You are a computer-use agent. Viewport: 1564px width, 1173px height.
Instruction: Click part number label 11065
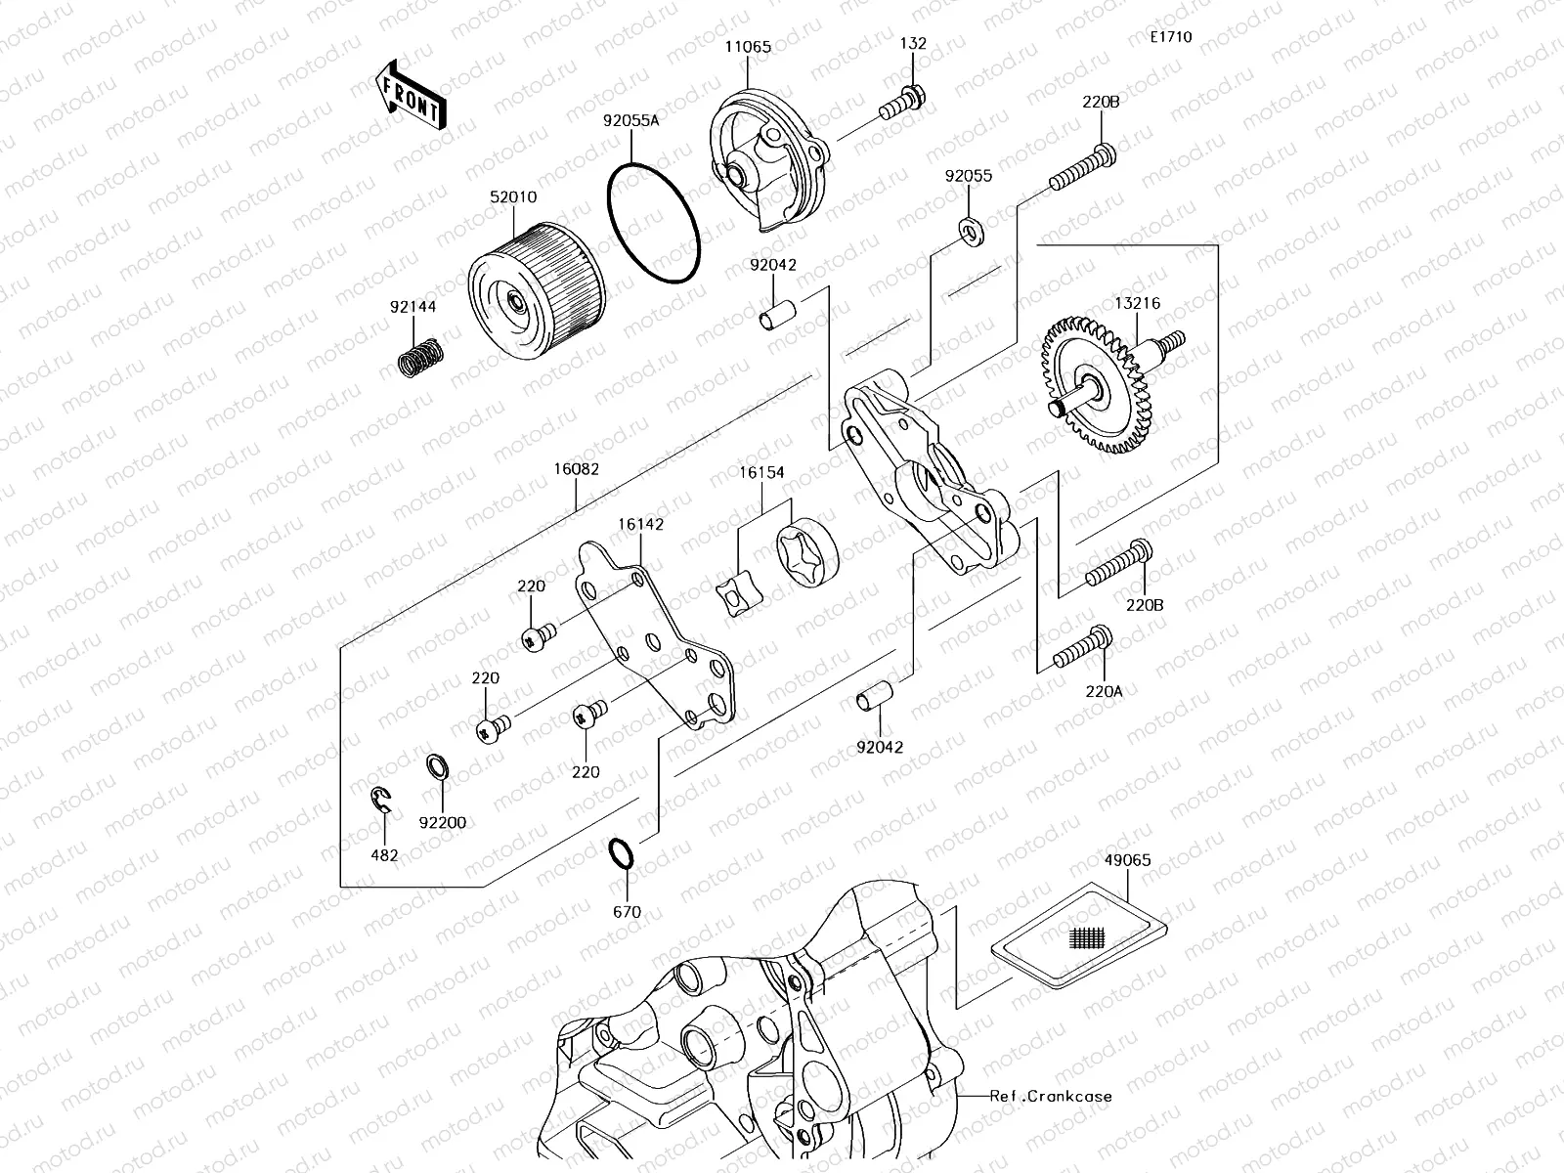(749, 46)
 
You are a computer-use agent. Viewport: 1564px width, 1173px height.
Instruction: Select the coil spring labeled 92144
(421, 357)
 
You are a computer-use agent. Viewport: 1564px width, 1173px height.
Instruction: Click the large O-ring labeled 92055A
(654, 224)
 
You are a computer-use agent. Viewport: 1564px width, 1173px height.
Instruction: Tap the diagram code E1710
(1171, 37)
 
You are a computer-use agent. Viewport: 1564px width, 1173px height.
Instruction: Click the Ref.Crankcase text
(1050, 1096)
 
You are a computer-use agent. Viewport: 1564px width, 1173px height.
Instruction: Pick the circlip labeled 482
(382, 801)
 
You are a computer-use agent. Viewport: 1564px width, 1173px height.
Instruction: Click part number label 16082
(577, 468)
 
